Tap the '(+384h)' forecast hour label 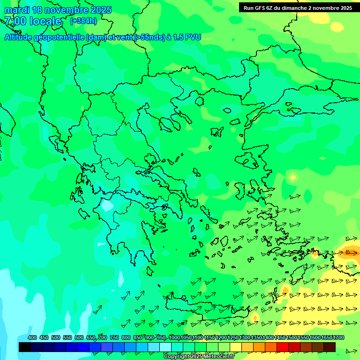pos(83,21)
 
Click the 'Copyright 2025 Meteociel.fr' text pos(199,357)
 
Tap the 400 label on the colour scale pos(32,337)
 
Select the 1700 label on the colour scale pos(338,337)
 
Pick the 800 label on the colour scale pos(126,337)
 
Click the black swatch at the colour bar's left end pos(25,347)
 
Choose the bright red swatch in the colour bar pos(283,347)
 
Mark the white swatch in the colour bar pos(165,347)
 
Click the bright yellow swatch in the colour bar pos(236,347)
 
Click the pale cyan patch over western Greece pos(107,205)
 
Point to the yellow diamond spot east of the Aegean pos(293,177)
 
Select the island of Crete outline pos(206,310)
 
